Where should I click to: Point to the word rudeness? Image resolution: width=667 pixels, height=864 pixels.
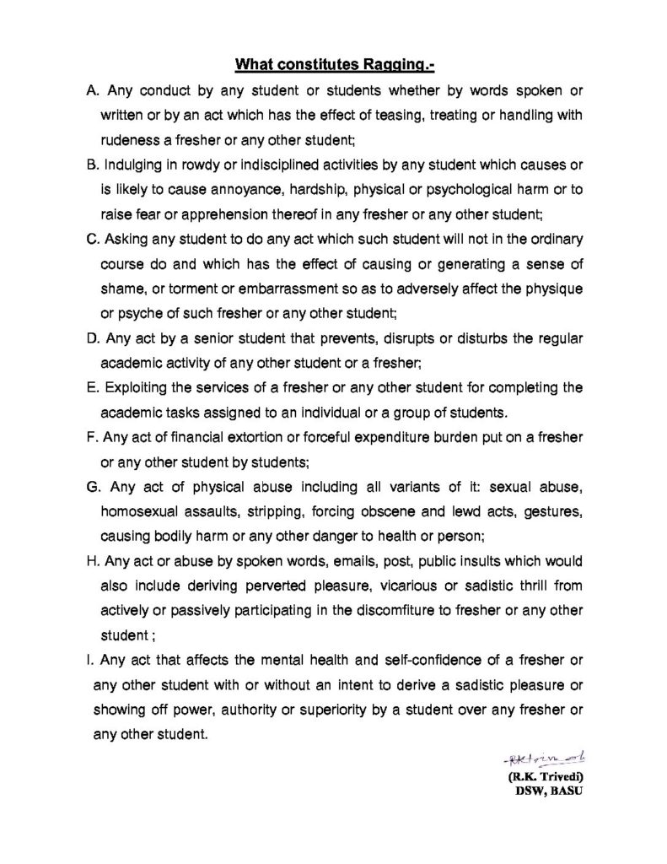tap(131, 138)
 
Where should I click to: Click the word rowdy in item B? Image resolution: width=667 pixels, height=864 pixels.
tap(193, 162)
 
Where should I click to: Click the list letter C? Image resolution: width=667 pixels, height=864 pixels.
tap(93, 240)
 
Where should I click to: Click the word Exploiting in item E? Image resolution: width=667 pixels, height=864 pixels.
tap(140, 388)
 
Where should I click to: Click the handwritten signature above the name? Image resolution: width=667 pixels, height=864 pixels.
tap(530, 753)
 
